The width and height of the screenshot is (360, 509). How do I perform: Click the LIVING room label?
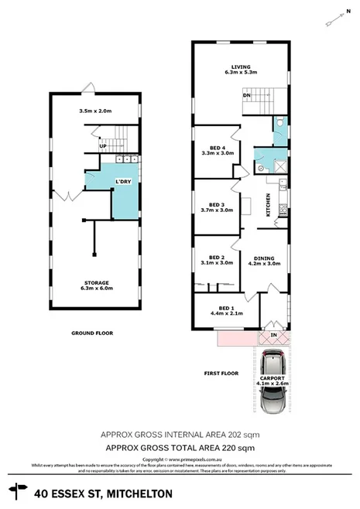coord(239,67)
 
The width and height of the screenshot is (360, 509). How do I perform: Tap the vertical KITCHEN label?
coord(269,204)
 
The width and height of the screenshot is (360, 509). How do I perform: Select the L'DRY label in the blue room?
coord(122,182)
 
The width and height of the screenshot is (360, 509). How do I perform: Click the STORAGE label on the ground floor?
coord(98,282)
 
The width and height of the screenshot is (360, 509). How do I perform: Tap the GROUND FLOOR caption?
coord(91,333)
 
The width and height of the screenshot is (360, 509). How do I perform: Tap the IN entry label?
coord(273,334)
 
